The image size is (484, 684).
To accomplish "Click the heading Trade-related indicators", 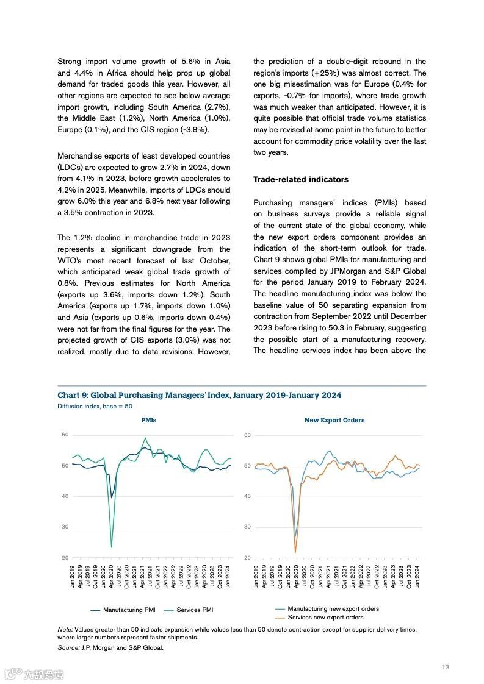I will click(301, 180).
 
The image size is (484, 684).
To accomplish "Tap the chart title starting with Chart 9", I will click(200, 396).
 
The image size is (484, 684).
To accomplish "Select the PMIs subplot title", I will click(148, 420).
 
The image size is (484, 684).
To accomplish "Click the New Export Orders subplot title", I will click(334, 420).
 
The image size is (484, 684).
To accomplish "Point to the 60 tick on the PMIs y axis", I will click(65, 435).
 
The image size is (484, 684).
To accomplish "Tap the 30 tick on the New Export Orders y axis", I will click(247, 527).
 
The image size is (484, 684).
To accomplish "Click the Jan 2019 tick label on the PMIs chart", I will click(73, 576).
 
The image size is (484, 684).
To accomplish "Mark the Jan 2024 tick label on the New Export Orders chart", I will click(418, 576).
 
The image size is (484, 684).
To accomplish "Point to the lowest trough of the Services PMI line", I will click(111, 547).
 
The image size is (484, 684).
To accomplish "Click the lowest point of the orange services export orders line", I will click(295, 552).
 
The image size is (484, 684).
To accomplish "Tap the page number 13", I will click(446, 668).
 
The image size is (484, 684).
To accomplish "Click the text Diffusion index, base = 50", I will click(95, 406).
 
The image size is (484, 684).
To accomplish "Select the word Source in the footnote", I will click(68, 647).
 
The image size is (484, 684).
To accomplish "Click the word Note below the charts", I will click(65, 629).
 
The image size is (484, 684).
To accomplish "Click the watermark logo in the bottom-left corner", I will click(34, 674).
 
